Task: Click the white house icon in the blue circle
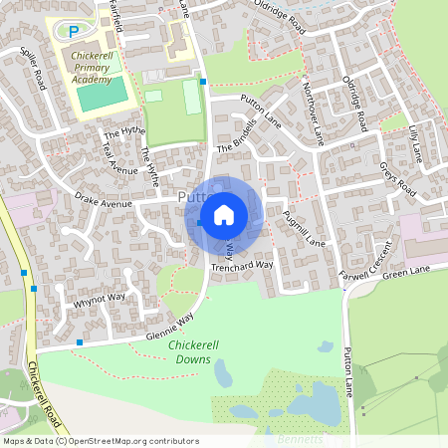(x=224, y=214)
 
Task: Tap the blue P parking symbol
(x=73, y=32)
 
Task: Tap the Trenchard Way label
(x=241, y=266)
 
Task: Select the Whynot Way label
(x=100, y=297)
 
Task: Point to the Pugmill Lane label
(x=304, y=229)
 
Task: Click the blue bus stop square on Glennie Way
(x=79, y=342)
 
